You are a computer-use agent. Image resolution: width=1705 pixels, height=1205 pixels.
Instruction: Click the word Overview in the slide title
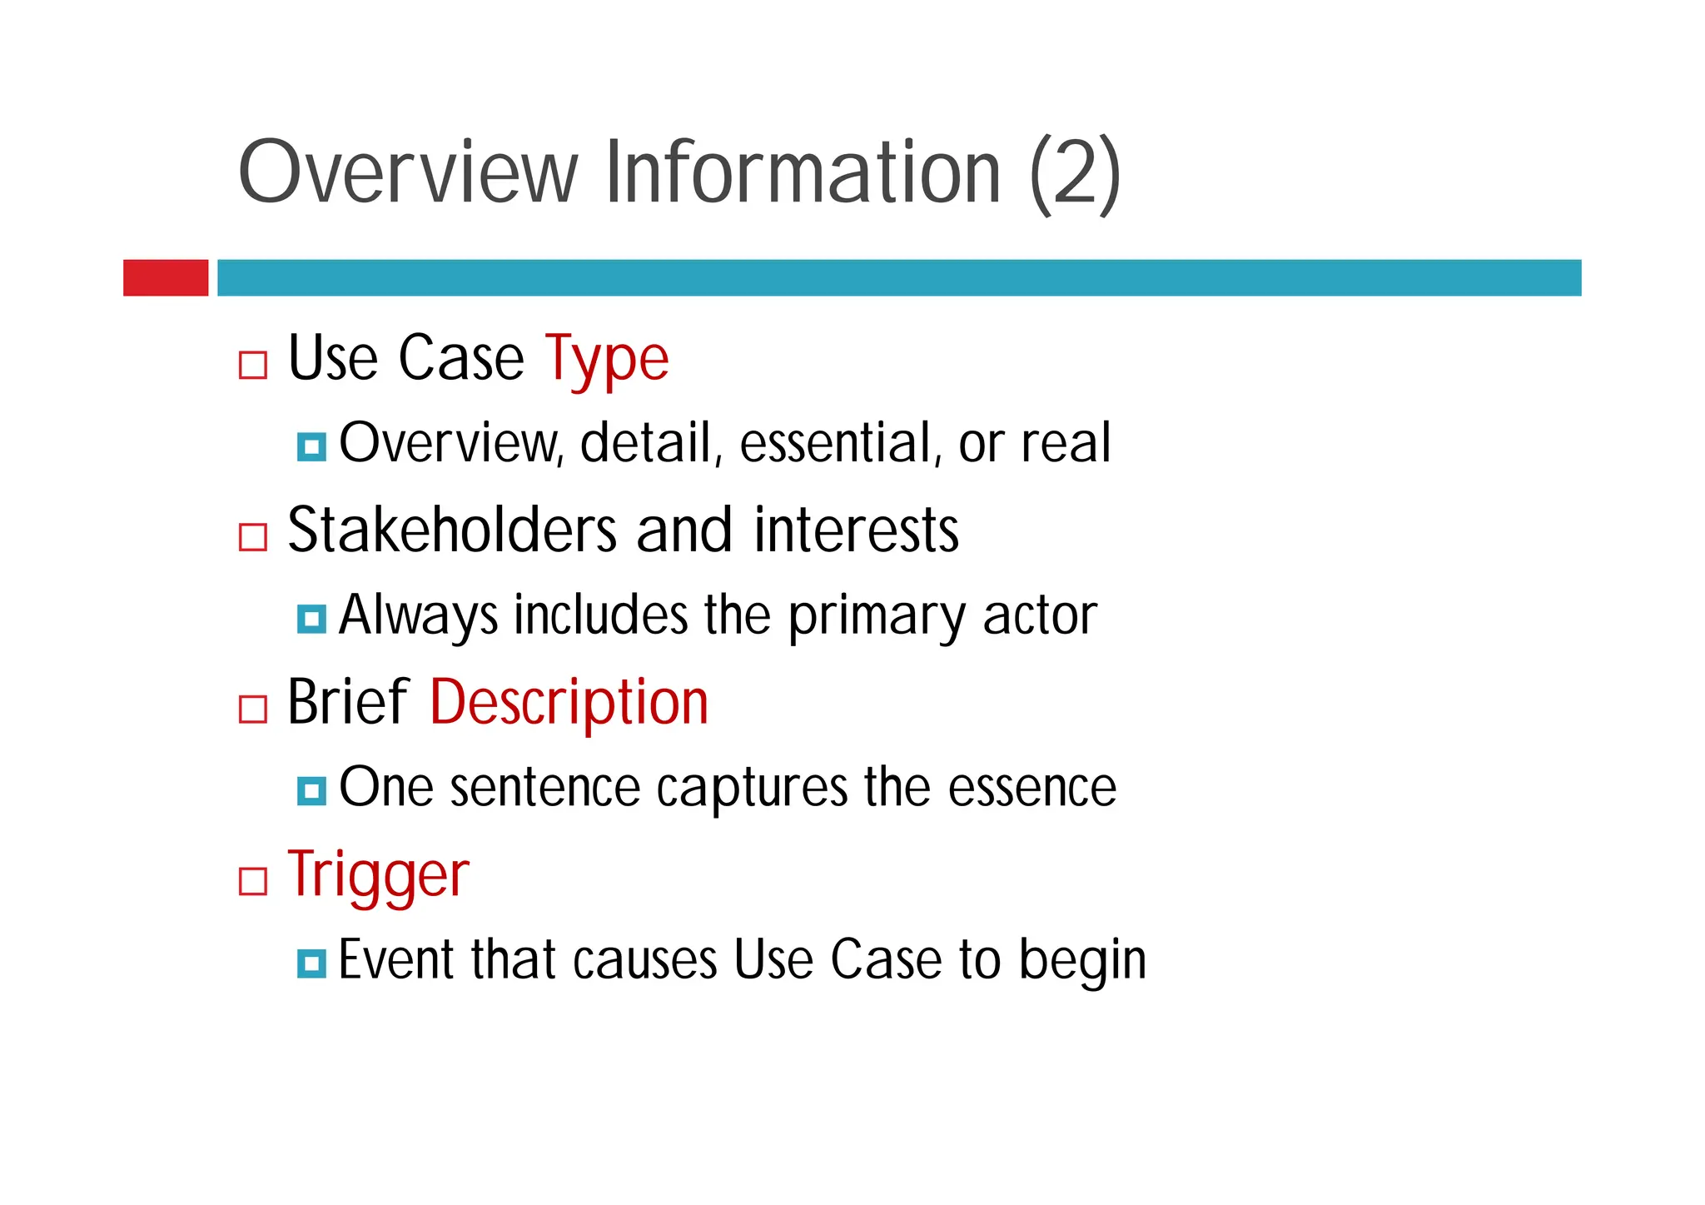coord(407,172)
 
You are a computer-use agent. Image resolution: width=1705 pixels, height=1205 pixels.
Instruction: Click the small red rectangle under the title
coord(166,277)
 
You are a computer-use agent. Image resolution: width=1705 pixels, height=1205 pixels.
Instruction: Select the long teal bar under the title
coord(899,277)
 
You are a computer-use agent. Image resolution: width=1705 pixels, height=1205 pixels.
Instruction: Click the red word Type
coord(607,359)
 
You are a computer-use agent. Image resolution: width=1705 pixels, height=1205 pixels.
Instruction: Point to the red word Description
coord(569,703)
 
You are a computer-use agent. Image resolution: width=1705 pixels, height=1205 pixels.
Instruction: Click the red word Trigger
coord(378,875)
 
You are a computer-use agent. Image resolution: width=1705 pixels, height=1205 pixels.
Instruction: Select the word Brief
coord(347,703)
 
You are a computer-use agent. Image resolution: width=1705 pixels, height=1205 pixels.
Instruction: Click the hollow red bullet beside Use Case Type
coord(253,365)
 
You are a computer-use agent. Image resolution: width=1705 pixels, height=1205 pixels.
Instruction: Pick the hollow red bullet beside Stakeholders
coord(253,537)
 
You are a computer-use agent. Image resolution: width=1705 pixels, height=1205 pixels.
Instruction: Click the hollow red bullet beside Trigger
coord(253,881)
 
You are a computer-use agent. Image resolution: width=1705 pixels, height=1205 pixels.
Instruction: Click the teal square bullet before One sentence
coord(311,791)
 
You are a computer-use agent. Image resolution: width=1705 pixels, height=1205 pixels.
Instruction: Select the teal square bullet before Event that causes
coord(311,964)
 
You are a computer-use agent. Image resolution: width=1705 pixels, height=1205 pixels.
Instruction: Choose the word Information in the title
coord(803,172)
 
